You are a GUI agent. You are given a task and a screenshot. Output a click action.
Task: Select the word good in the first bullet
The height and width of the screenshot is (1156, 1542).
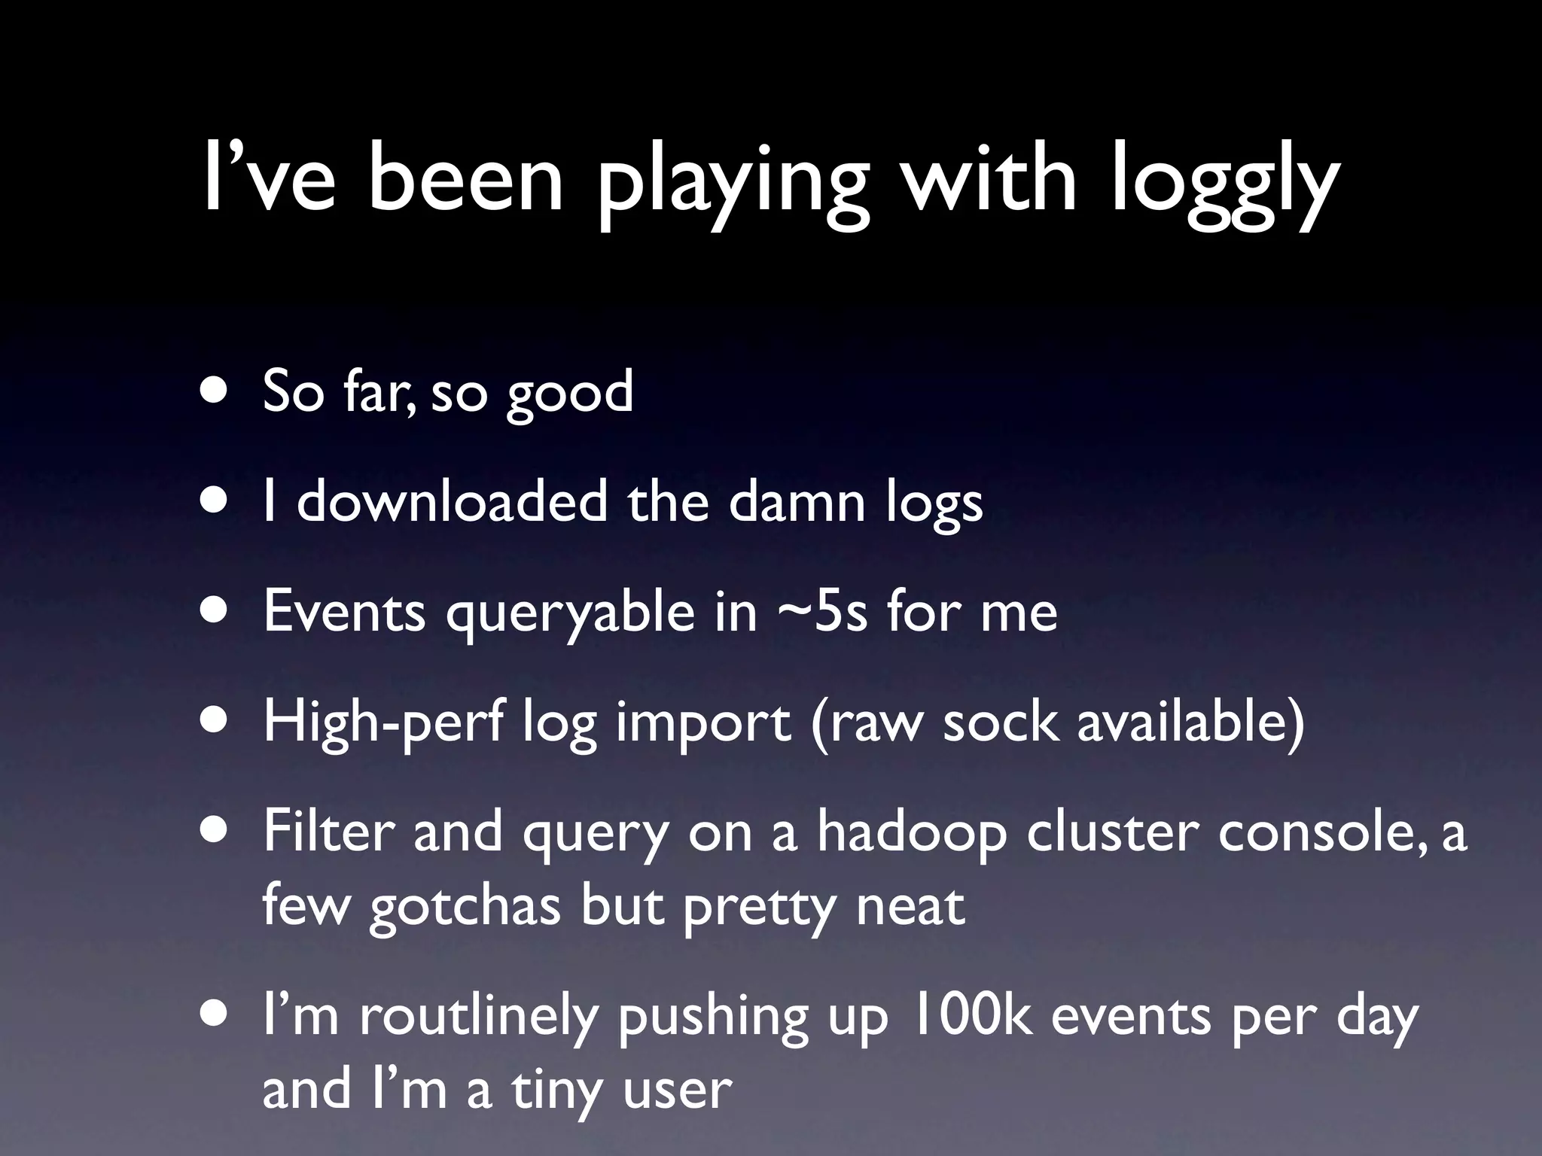[570, 392]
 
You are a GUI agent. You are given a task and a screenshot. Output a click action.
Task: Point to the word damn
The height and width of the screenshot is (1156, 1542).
[797, 501]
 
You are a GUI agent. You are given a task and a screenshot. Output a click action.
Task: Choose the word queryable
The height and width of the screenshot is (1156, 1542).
[570, 613]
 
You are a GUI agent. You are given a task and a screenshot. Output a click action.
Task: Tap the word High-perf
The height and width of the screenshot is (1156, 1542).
[382, 722]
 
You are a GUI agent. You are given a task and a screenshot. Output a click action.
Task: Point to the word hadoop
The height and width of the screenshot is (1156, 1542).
[913, 833]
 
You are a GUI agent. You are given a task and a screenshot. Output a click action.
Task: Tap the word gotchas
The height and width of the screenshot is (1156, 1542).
[465, 906]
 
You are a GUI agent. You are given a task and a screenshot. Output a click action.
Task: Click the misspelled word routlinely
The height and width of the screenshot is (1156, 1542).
[478, 1017]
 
